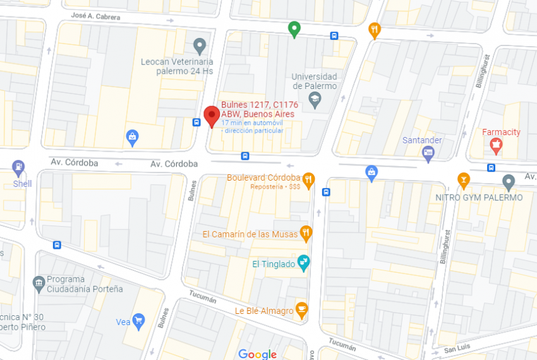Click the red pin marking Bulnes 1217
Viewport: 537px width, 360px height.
212,116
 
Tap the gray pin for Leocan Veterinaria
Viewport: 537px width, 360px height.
200,45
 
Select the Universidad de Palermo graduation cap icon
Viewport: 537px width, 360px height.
315,99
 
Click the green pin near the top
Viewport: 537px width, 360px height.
294,28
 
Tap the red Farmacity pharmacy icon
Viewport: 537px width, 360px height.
496,146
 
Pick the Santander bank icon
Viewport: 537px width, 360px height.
428,152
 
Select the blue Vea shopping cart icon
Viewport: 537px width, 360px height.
138,321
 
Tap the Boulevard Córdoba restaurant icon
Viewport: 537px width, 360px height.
308,180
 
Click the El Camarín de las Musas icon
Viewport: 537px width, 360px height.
306,233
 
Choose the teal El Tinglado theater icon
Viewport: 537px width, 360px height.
304,263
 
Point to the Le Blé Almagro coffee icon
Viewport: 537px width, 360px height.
302,309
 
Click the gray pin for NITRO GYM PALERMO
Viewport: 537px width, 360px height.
509,183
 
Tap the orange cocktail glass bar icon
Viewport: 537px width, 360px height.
464,180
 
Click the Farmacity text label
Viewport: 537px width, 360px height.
501,133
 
